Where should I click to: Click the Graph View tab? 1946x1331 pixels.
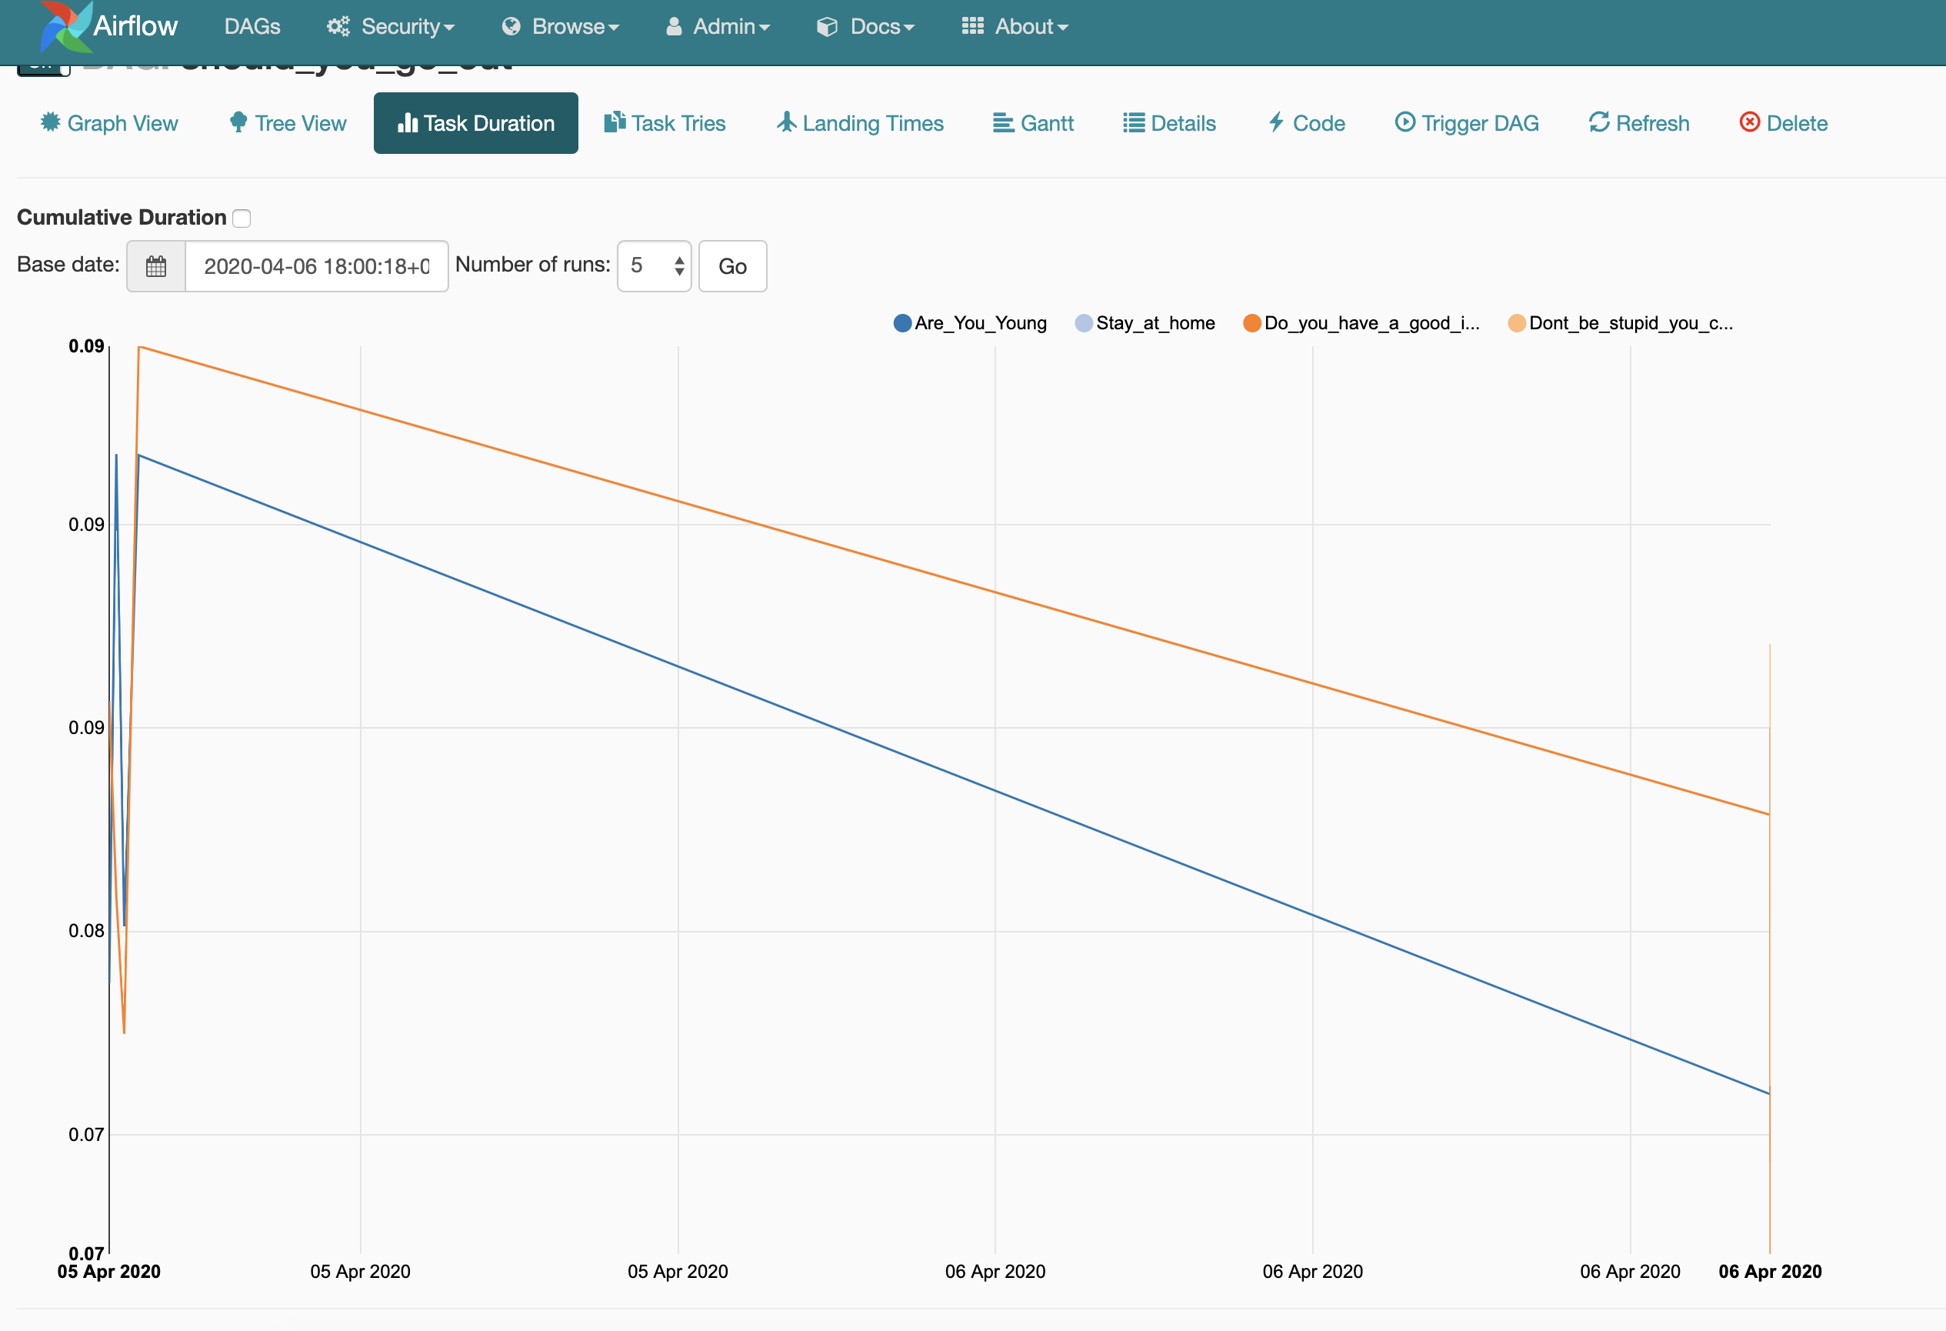tap(110, 123)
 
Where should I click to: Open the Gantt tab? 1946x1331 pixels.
tap(1033, 123)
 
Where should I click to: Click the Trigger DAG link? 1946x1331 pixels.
tap(1467, 123)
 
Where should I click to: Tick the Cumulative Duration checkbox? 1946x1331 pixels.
tap(242, 218)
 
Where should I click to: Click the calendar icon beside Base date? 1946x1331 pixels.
tap(155, 266)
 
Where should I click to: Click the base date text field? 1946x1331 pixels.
tap(317, 266)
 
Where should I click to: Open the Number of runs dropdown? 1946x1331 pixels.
tap(654, 266)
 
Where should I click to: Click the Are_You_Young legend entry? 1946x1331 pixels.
tap(971, 323)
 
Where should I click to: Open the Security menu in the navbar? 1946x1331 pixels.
tap(391, 27)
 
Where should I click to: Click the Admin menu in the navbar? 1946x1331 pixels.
tap(718, 27)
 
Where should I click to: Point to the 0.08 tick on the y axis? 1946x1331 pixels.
tap(86, 931)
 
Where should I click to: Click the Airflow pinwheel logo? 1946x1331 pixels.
tap(65, 27)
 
